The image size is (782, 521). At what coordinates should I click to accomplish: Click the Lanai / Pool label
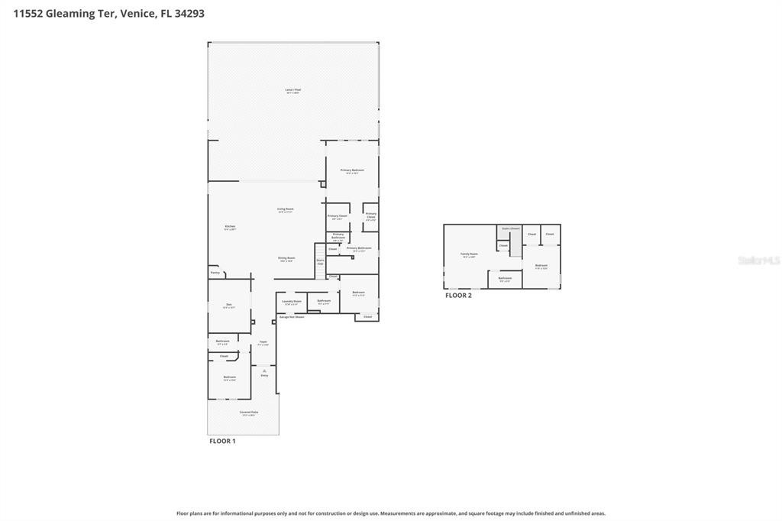[292, 90]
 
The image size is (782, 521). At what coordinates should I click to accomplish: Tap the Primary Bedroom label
[352, 171]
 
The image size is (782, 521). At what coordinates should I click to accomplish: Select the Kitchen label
[230, 227]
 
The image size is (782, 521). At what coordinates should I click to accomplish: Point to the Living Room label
[285, 209]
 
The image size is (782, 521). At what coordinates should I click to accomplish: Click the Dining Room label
[286, 258]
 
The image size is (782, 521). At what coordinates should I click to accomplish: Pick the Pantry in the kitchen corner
[215, 272]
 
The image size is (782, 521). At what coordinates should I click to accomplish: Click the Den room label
[229, 306]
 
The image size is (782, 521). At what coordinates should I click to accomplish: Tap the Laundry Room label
[291, 302]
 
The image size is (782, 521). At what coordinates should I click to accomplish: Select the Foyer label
[263, 342]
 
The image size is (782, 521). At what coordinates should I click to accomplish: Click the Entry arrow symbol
[264, 371]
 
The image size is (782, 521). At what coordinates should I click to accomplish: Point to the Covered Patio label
[249, 413]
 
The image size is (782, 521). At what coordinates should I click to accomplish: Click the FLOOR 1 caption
[222, 442]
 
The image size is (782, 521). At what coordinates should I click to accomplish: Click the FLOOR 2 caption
[458, 296]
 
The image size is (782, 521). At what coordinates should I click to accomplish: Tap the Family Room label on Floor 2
[469, 254]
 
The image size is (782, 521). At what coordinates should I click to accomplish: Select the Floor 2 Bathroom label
[505, 279]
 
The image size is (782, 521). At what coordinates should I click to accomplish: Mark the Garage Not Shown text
[291, 317]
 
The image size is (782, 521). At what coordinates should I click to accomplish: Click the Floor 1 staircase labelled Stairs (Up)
[320, 261]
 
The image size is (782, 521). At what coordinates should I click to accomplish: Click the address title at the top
[108, 13]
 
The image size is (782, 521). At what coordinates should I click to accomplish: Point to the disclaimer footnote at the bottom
[391, 513]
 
